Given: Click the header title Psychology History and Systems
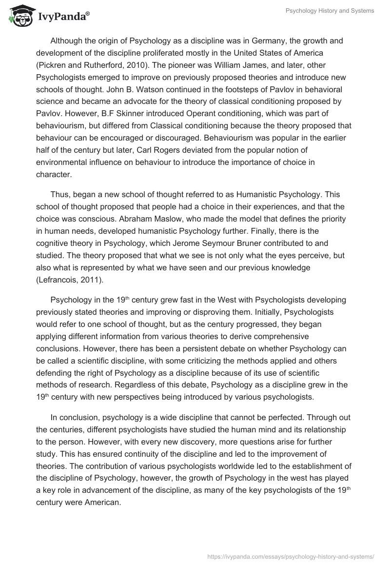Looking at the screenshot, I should tap(330, 11).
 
